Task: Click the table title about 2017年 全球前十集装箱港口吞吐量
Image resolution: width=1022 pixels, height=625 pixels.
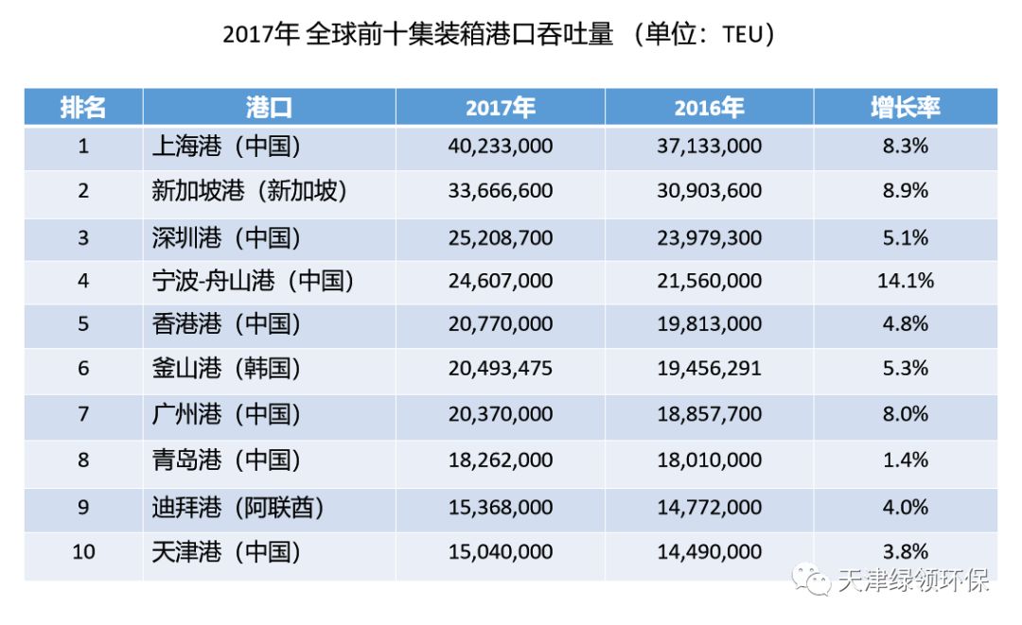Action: click(x=499, y=35)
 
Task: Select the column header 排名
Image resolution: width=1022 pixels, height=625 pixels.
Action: click(x=83, y=108)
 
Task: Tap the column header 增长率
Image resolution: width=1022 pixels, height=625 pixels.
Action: click(x=905, y=108)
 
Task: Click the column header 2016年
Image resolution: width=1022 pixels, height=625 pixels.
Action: click(x=709, y=108)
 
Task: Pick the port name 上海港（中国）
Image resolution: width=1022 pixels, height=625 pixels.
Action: click(x=226, y=147)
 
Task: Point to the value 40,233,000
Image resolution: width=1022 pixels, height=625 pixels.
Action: click(x=501, y=147)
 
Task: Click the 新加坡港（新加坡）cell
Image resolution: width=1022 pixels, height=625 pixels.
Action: click(x=250, y=191)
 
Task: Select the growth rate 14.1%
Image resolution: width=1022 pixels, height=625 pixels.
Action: click(x=905, y=281)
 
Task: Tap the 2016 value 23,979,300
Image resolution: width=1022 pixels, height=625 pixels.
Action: click(x=709, y=237)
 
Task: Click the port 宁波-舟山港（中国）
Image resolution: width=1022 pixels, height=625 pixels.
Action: click(x=253, y=281)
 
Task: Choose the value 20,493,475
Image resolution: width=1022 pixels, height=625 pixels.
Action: click(x=501, y=369)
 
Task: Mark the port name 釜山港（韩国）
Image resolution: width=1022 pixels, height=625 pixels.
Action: click(x=226, y=369)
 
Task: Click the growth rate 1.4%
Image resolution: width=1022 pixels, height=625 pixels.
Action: click(x=905, y=460)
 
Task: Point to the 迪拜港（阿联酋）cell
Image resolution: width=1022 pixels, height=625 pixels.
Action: click(x=238, y=508)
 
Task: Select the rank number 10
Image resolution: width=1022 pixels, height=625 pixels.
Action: click(x=83, y=551)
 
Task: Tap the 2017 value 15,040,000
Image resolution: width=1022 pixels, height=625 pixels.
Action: click(x=501, y=551)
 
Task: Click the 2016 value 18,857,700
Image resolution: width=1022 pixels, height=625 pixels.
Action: click(x=709, y=414)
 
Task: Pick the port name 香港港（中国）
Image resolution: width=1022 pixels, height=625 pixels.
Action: click(x=226, y=324)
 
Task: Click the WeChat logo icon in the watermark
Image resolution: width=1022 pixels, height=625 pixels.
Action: click(x=813, y=579)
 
